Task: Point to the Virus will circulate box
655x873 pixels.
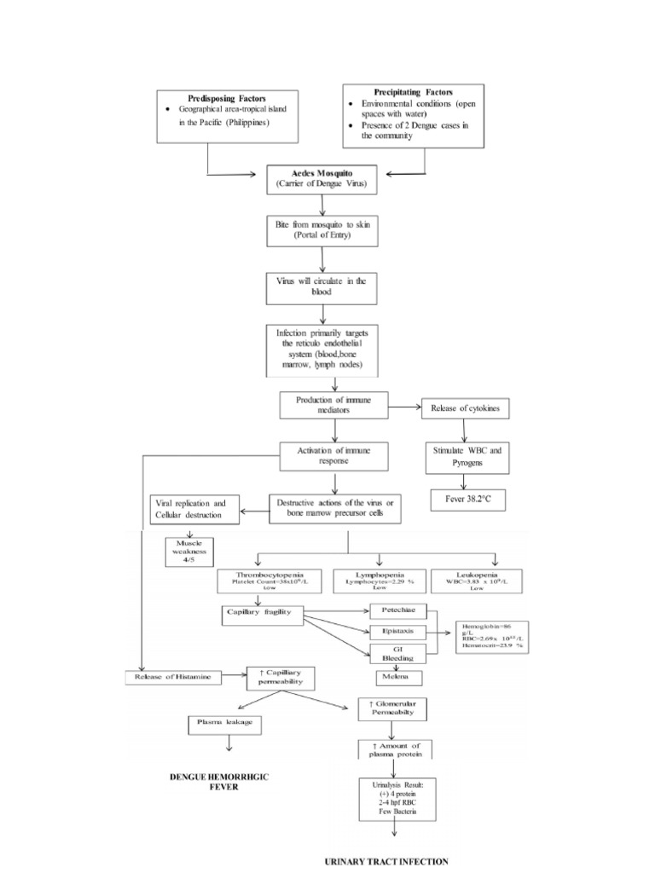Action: click(x=322, y=287)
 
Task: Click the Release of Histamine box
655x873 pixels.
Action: click(x=174, y=678)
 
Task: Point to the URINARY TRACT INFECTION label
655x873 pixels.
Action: click(x=385, y=861)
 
